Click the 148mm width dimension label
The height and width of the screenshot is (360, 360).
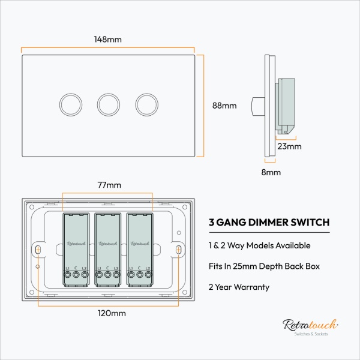coord(109,40)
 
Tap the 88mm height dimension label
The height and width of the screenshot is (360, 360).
coord(224,106)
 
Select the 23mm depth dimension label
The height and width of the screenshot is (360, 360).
coord(289,146)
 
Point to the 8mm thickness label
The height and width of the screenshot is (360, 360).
coord(271,173)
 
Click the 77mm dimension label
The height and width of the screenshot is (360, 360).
coord(109,185)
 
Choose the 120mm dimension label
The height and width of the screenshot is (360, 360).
coord(111,313)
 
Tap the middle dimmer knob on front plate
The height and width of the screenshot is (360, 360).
coord(109,104)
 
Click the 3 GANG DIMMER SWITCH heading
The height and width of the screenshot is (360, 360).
coord(269,222)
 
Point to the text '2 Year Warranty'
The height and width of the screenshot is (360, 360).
coord(239,287)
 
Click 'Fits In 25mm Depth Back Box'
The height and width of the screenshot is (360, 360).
coord(264,266)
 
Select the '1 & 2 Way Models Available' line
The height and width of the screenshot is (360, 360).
coord(259,245)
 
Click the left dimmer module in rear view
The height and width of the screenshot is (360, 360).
coord(76,247)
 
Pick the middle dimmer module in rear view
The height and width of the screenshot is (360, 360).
coord(108,247)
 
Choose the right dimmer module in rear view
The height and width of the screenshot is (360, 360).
coord(140,247)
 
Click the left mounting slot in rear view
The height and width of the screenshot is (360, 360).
coord(38,248)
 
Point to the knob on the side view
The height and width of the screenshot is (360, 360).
coord(257,106)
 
